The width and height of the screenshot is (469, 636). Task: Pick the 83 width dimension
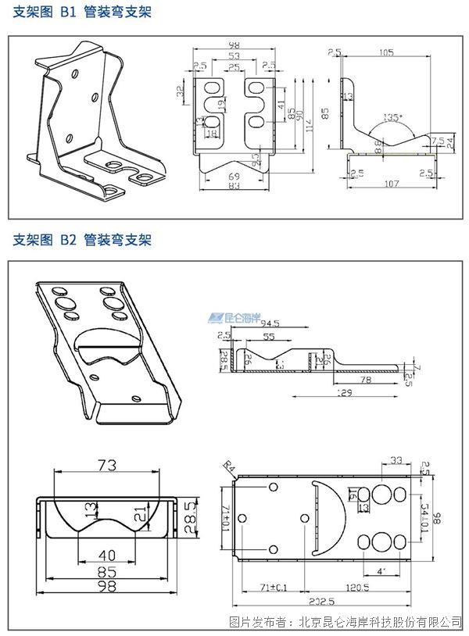[x=234, y=187]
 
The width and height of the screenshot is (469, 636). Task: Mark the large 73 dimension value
[x=107, y=465]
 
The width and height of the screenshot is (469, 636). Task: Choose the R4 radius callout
[x=229, y=467]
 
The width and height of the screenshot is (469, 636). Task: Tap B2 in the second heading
[x=69, y=240]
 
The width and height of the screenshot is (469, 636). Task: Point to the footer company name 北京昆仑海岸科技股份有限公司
[x=375, y=622]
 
